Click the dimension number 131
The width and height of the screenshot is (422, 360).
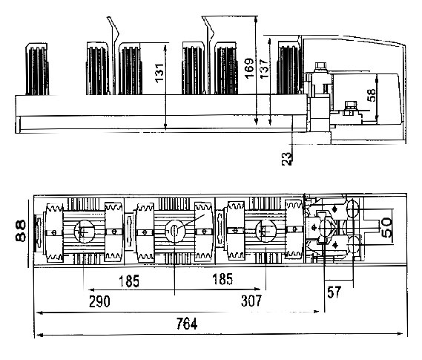coord(159,73)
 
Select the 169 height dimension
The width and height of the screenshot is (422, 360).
coord(249,68)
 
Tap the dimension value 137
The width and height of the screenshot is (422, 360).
coord(264,69)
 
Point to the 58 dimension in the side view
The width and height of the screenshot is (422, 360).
coord(372,95)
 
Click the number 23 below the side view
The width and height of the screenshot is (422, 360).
coord(287,159)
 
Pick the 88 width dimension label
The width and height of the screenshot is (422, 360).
coord(21,231)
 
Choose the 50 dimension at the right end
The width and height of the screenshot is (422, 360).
coord(387,228)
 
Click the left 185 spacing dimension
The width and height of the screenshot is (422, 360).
coord(129,281)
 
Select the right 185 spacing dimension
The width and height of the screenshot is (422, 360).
coord(222,279)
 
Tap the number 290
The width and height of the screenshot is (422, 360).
coord(99,301)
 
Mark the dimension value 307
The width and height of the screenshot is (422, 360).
coord(251,301)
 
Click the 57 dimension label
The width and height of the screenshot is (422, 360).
coord(334,292)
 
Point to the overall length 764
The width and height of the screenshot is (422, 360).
coord(187,324)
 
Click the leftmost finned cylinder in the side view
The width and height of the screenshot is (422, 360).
coord(37,69)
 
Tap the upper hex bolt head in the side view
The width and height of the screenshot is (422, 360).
coord(320,66)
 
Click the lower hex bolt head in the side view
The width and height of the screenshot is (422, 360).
coord(350,105)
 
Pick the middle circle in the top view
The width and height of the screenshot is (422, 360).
coord(175,231)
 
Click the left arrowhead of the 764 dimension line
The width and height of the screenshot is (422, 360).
coord(40,335)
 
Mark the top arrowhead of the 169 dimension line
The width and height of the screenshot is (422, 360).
coord(256,19)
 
